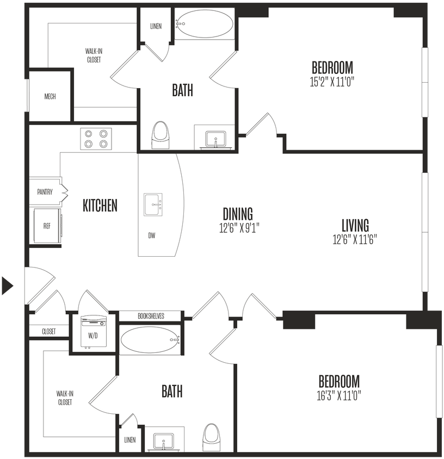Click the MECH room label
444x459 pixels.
50,97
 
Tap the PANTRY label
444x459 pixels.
45,192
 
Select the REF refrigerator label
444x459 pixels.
47,225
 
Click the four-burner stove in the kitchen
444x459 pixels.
96,139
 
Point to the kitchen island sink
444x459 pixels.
154,204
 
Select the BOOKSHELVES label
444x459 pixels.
151,316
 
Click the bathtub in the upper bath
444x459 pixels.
205,24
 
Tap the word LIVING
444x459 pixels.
355,225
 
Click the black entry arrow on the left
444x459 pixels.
8,286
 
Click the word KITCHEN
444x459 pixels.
100,206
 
